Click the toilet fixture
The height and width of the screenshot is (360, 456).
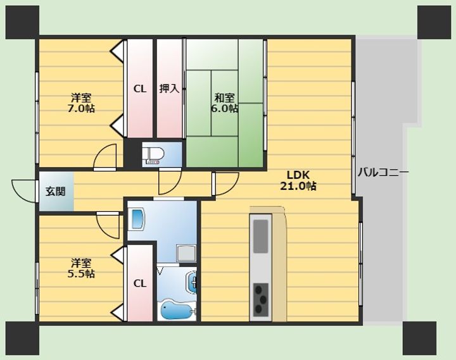coord(153,154)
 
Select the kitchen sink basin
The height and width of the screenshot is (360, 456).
coord(260,236)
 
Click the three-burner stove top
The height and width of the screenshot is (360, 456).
coord(260,300)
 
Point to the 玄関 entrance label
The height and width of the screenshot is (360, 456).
coord(55,192)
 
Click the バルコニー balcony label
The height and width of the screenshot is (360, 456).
coord(383,172)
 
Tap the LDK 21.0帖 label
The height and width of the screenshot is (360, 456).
coord(298,180)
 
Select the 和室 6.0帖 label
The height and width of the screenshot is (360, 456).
coord(224,103)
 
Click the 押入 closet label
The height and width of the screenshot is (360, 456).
coord(169,89)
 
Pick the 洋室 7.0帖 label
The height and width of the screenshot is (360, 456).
coord(81,103)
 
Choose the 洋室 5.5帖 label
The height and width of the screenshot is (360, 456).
coord(81,268)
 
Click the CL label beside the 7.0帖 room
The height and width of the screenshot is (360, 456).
coord(140,89)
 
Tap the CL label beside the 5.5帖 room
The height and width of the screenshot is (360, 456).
coord(140,283)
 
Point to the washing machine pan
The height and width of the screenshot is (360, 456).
coord(186,253)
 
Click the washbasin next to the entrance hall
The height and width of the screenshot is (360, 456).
coord(138,218)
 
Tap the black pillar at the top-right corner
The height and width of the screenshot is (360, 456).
coord(434,22)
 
